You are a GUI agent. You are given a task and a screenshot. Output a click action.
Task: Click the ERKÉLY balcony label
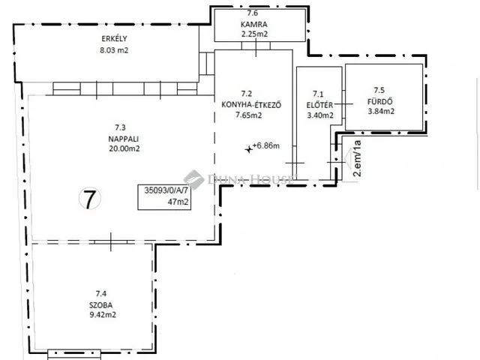pyautogui.click(x=114, y=38)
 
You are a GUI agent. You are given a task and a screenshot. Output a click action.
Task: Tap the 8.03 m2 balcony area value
pyautogui.click(x=114, y=50)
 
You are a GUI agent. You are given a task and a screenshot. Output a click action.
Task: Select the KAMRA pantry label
pyautogui.click(x=254, y=25)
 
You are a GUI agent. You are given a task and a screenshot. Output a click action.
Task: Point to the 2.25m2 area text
pyautogui.click(x=254, y=34)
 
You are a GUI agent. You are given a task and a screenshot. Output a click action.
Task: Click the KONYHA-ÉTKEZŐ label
pyautogui.click(x=251, y=105)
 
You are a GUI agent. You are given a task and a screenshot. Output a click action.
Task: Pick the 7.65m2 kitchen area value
pyautogui.click(x=248, y=115)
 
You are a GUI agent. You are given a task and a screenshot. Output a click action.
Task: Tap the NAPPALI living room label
pyautogui.click(x=123, y=139)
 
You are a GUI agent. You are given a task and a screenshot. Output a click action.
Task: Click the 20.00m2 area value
pyautogui.click(x=124, y=148)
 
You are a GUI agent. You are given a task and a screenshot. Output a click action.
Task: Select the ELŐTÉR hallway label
pyautogui.click(x=319, y=105)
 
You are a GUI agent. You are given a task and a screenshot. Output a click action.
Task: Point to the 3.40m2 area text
pyautogui.click(x=320, y=115)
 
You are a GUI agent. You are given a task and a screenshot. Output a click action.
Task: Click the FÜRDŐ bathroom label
pyautogui.click(x=380, y=101)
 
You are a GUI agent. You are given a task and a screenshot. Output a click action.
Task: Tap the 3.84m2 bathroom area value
pyautogui.click(x=381, y=112)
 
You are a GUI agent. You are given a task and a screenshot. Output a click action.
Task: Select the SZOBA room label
pyautogui.click(x=101, y=305)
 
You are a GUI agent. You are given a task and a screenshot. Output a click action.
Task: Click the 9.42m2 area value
pyautogui.click(x=103, y=315)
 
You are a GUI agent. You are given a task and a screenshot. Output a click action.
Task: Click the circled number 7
pyautogui.click(x=90, y=199)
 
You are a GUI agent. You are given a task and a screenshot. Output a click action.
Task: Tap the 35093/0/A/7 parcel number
pyautogui.click(x=166, y=190)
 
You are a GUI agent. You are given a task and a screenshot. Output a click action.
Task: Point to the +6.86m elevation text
pyautogui.click(x=266, y=145)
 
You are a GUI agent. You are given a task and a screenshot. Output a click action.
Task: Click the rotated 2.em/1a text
pyautogui.click(x=357, y=158)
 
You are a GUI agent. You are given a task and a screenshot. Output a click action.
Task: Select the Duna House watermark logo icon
pyautogui.click(x=193, y=179)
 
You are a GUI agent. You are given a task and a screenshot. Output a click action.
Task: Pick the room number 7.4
pyautogui.click(x=101, y=294)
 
